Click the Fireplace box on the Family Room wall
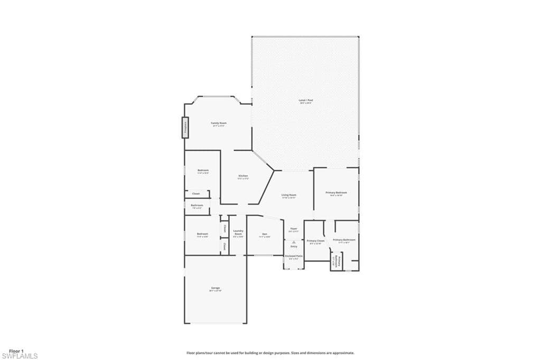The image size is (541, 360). [x=185, y=127]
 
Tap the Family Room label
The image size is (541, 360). [x=219, y=123]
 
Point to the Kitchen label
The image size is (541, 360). [x=243, y=176]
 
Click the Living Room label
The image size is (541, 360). [x=288, y=196]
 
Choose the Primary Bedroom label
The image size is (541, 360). [x=336, y=193]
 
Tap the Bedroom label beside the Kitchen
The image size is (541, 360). [x=203, y=171]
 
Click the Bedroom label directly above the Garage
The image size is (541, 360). [x=203, y=234]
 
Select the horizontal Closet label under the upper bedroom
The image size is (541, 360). [x=195, y=194]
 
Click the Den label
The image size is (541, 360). [x=264, y=234]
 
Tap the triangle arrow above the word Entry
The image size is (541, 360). [x=294, y=242]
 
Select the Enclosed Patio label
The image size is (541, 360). [x=294, y=256]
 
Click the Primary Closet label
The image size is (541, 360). [x=315, y=241]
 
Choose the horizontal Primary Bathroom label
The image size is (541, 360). [x=344, y=240]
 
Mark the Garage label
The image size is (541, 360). [x=215, y=288]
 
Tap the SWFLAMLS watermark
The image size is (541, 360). [x=19, y=356]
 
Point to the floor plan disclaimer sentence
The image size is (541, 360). [x=270, y=353]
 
